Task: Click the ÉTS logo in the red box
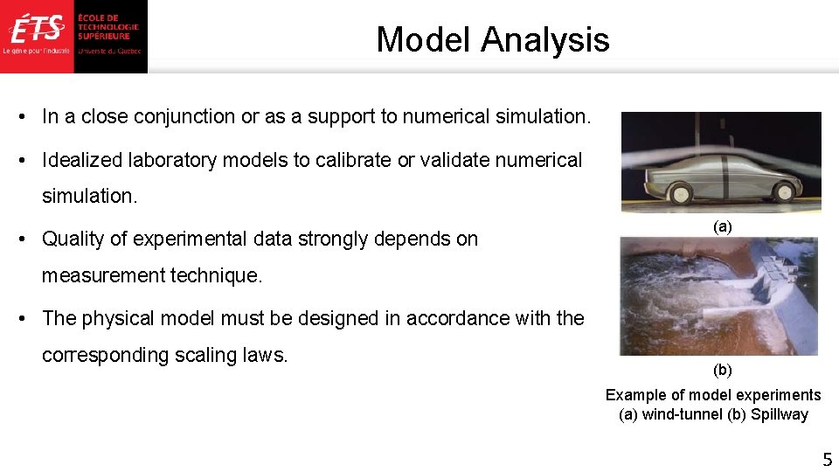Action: coord(37,30)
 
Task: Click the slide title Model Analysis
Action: coord(492,39)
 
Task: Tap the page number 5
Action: coord(826,459)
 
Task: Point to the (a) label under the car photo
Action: coord(722,226)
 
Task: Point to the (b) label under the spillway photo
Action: coord(722,370)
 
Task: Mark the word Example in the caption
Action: coord(635,395)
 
